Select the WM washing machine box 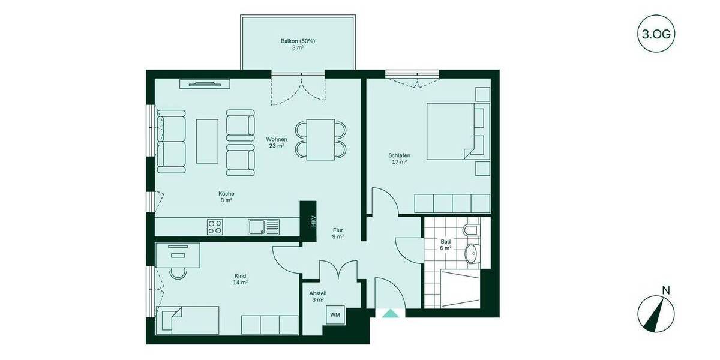point(335,314)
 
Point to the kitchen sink point(263,227)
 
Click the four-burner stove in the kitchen point(215,227)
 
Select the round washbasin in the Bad point(472,254)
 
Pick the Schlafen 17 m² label point(398,158)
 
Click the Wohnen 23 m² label point(277,142)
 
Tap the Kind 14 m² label point(241,279)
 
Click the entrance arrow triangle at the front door point(391,313)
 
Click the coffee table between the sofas point(207,141)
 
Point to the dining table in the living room point(320,140)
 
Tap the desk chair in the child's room point(178,272)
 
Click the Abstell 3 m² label point(317,296)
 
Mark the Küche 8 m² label point(226,197)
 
